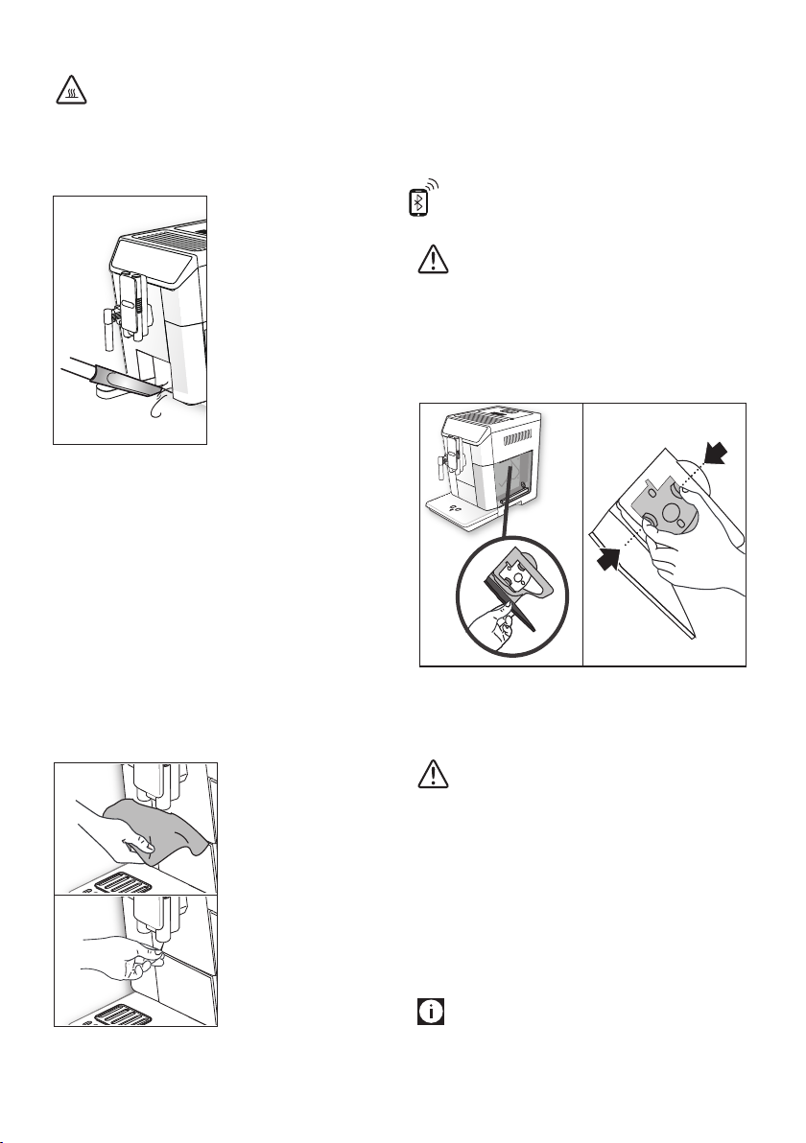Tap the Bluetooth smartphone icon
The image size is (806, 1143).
tap(418, 202)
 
